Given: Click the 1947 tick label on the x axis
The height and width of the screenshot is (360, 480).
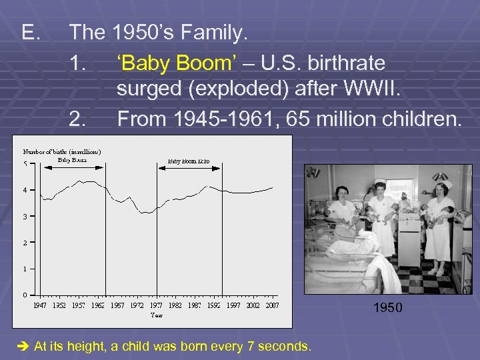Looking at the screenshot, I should tap(40, 305).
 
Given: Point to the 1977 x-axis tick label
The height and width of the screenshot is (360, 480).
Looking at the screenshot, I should tap(155, 305).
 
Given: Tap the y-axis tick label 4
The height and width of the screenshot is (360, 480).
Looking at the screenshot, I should tap(25, 190).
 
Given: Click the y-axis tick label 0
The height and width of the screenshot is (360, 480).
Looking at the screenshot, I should tap(25, 295).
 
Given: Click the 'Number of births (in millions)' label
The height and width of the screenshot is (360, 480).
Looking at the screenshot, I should tap(62, 151).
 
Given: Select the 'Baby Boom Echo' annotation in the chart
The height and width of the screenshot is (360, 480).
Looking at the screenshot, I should tap(188, 161).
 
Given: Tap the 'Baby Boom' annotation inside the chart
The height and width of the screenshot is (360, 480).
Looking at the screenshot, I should tap(72, 159).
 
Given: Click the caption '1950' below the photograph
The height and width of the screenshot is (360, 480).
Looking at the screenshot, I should tap(388, 308).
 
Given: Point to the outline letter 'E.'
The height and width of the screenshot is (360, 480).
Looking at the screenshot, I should tap(31, 32).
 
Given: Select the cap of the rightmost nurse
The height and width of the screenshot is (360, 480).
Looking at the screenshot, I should tap(440, 177).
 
